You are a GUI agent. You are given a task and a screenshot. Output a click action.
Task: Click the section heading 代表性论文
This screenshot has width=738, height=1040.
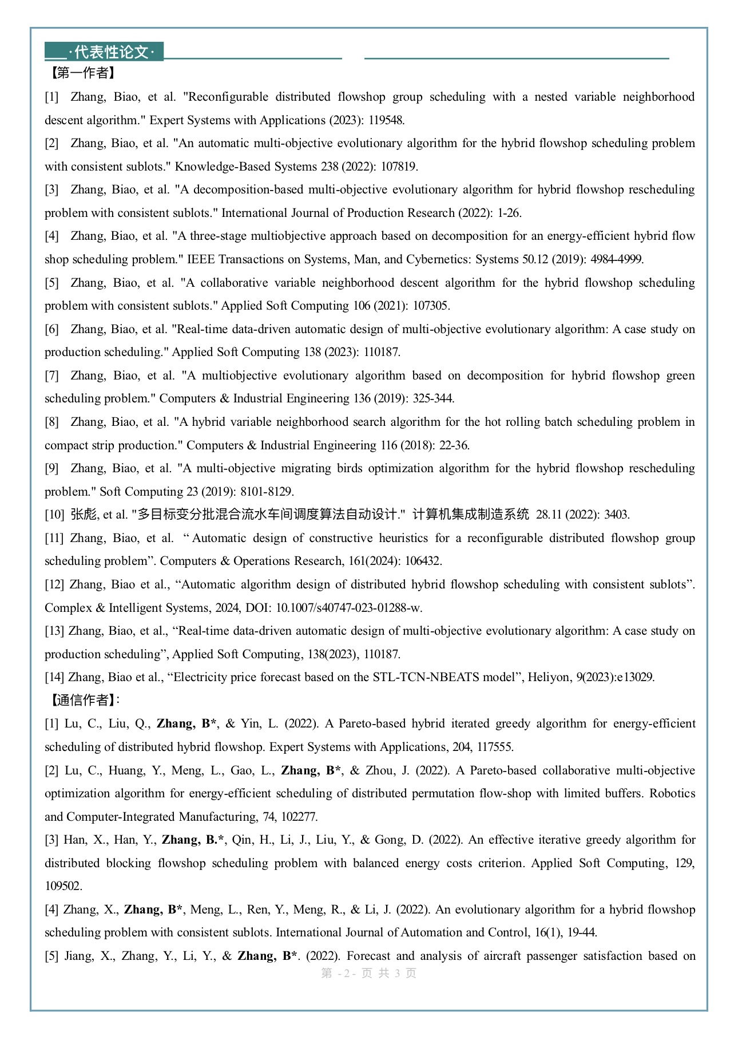(111, 52)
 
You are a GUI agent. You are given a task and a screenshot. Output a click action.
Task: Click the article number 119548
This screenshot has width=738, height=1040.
(386, 120)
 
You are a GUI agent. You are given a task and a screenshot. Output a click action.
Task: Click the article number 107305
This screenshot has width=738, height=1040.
(431, 306)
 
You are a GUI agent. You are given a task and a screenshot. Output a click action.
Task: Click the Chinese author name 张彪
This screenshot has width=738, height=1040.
(84, 515)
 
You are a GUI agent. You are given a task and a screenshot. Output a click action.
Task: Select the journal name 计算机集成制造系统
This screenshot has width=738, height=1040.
(470, 515)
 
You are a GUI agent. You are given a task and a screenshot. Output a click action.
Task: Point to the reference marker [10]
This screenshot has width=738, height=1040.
(54, 515)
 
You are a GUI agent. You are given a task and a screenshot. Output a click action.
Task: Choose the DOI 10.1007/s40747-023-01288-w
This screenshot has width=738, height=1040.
(349, 608)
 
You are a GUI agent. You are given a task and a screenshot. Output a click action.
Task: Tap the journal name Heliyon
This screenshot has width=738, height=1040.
(548, 677)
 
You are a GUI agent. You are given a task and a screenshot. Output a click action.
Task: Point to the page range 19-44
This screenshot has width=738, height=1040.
(582, 932)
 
